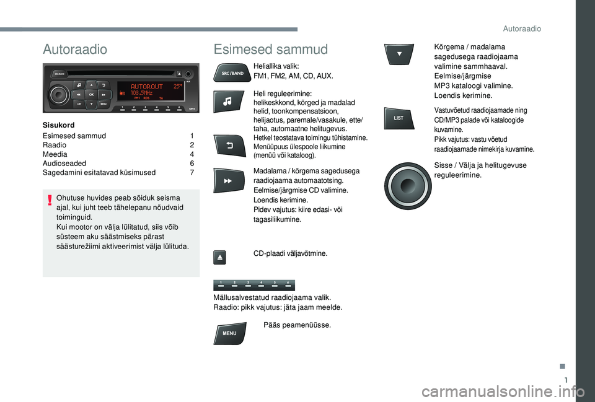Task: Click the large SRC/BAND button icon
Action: tap(232, 73)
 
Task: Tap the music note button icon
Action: tap(228, 101)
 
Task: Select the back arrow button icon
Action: tap(229, 146)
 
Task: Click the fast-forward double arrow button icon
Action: tap(229, 180)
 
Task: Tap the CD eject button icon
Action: tap(219, 257)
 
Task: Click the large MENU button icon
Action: tap(229, 333)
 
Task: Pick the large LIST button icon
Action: tap(399, 118)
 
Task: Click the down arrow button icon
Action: tap(399, 55)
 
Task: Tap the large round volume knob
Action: tap(408, 186)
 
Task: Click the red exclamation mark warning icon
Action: tap(50, 200)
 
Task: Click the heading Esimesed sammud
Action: tap(271, 50)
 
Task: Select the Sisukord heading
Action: tap(58, 125)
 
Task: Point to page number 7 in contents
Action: tap(192, 173)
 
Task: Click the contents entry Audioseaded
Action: tap(64, 164)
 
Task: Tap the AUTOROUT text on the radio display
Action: tap(146, 87)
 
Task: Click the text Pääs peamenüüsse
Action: tap(297, 325)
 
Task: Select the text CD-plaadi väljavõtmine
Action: tap(290, 253)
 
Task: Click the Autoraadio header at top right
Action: tap(522, 29)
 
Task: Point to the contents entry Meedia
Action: tap(55, 154)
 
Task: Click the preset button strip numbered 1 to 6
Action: tap(254, 285)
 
